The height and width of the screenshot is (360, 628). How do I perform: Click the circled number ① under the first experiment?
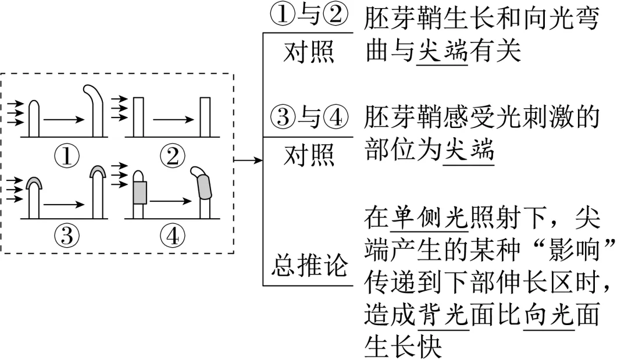67,156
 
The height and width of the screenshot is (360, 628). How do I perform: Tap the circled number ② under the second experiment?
173,156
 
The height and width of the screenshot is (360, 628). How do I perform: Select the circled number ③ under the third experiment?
67,236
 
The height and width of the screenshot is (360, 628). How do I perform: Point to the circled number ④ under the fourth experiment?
173,236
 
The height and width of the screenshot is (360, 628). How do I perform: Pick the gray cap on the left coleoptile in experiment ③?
34,183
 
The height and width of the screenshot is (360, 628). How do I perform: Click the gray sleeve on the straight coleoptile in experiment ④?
138,193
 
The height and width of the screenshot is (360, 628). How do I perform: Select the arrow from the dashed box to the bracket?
248,160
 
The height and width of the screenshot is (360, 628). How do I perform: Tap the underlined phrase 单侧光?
429,218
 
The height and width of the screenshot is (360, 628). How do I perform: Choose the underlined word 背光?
444,314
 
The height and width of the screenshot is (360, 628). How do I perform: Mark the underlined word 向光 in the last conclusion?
549,314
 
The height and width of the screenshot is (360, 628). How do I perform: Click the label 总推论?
309,265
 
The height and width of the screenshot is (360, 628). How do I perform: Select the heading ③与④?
309,117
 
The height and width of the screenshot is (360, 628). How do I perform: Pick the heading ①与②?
309,15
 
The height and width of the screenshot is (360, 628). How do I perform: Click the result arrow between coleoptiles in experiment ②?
173,119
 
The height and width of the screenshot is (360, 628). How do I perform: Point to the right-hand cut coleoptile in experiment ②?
205,117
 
